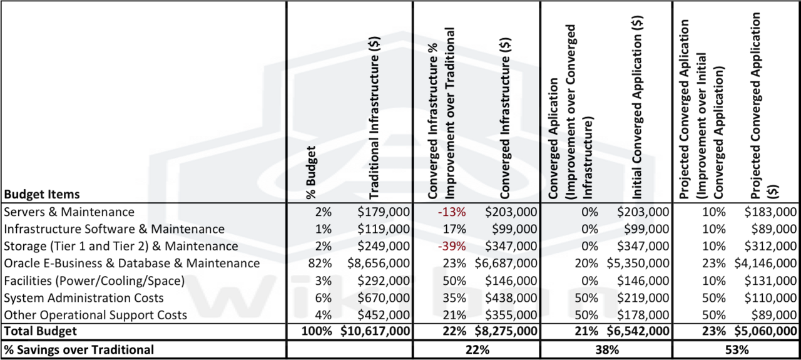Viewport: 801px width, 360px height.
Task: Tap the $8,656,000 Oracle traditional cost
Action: [379, 263]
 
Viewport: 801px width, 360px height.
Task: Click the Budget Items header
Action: [42, 194]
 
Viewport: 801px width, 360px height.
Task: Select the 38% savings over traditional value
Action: [605, 349]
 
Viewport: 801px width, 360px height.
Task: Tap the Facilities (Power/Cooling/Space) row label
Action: [94, 280]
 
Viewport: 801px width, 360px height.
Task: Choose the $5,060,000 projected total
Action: [765, 331]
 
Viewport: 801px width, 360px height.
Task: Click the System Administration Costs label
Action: [84, 297]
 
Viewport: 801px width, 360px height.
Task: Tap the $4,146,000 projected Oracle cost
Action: [765, 263]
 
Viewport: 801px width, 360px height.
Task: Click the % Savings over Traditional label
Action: [79, 349]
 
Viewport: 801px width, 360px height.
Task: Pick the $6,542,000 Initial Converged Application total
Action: [638, 331]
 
